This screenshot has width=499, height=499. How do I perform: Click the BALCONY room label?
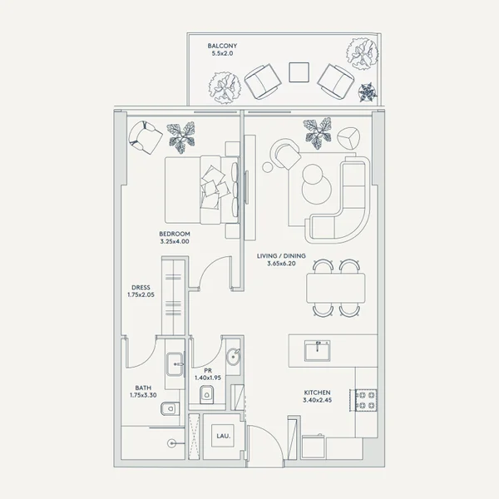tap(222, 46)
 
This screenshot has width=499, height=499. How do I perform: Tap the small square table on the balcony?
tap(299, 72)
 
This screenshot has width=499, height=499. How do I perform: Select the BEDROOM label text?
tap(175, 234)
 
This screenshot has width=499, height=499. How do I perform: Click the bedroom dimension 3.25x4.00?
tap(175, 241)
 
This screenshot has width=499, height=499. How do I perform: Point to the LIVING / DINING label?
tap(281, 256)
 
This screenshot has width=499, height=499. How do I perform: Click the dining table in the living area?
tap(336, 289)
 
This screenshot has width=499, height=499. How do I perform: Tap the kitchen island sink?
tap(318, 350)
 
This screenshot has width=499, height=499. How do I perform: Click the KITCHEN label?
tap(318, 393)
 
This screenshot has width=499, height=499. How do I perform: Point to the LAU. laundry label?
tap(223, 436)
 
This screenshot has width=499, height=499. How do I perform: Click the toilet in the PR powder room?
tap(207, 394)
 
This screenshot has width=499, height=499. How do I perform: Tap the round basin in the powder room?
tap(233, 356)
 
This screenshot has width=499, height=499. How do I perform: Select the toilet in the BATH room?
tap(170, 408)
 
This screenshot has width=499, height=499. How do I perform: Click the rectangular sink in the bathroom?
tap(175, 364)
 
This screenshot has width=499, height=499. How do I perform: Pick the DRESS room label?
tap(141, 288)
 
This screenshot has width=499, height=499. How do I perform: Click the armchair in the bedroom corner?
tap(145, 137)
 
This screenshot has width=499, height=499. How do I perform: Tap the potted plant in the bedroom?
tap(181, 137)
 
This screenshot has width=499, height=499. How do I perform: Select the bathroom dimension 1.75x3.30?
tap(143, 396)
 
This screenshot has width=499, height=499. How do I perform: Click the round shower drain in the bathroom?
tap(172, 443)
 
